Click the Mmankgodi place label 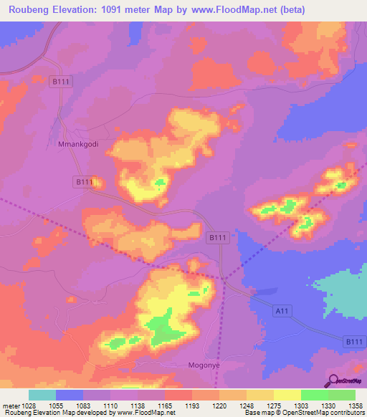click(x=77, y=144)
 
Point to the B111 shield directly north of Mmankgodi click(x=61, y=83)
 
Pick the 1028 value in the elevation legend click(x=29, y=405)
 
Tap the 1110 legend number click(x=110, y=405)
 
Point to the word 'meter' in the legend click(x=10, y=405)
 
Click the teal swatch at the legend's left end click(x=42, y=395)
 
